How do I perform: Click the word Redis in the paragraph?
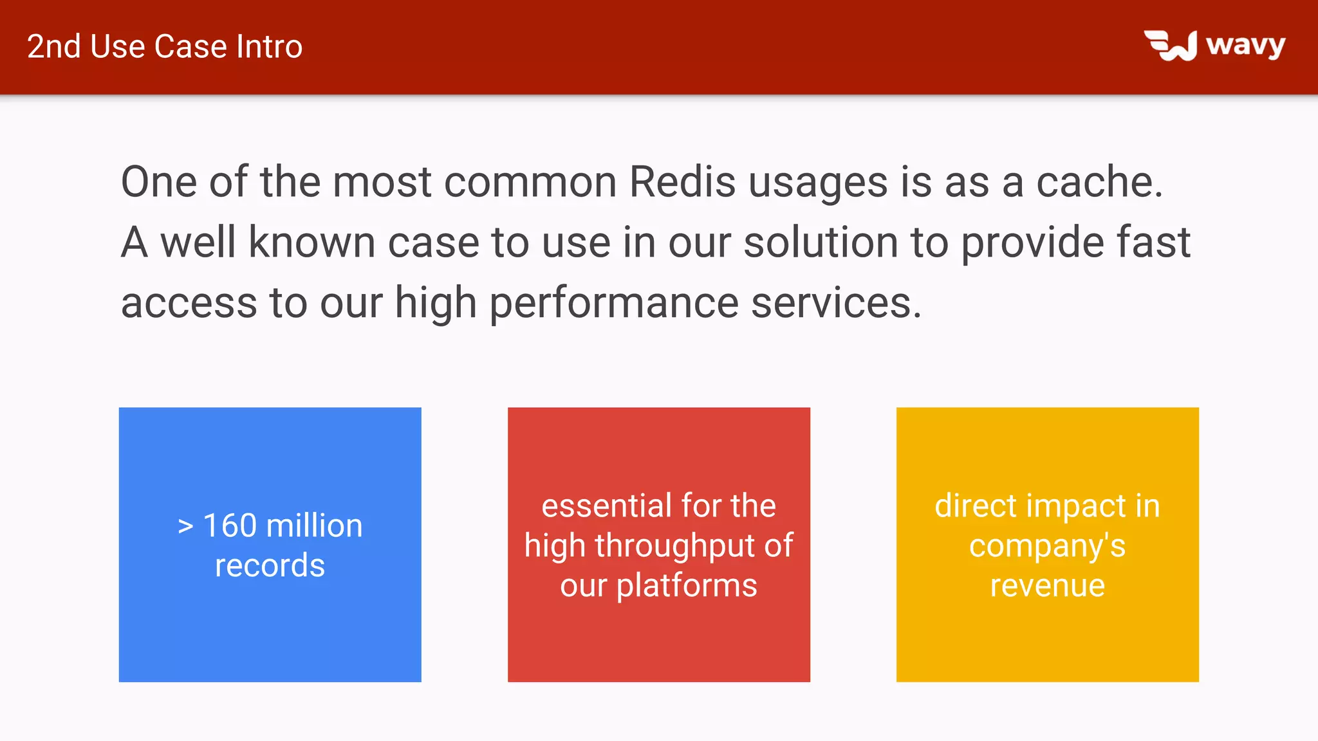[682, 182]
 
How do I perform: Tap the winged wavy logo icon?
[1171, 46]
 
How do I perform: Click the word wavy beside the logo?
[1245, 46]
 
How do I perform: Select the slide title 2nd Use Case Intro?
[165, 47]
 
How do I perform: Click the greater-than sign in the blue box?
[185, 527]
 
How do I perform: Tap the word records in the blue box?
[270, 566]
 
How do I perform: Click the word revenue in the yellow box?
[1047, 586]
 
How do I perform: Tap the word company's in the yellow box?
[1047, 546]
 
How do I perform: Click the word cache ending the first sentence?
[1099, 182]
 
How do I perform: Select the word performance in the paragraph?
[614, 303]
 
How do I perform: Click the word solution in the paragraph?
[821, 242]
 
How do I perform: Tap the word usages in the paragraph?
[818, 183]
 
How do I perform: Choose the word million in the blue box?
[314, 526]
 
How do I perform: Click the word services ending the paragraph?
[835, 303]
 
